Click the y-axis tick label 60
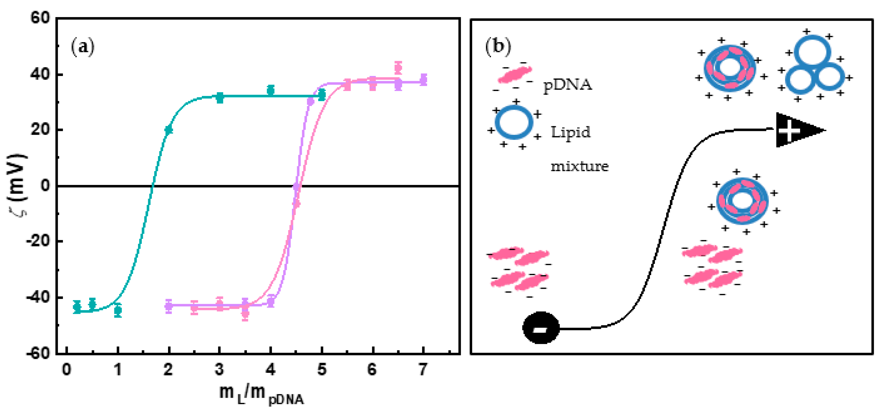coord(40,18)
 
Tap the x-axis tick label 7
coord(423,370)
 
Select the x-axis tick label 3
coord(219,370)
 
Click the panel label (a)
coord(83,47)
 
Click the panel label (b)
coord(498,47)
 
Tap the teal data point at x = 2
coord(169,130)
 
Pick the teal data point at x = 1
coord(118,311)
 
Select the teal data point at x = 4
coord(271,90)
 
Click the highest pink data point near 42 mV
coord(398,68)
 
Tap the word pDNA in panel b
coord(568,85)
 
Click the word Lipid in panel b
coord(571,132)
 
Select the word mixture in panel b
coord(579,167)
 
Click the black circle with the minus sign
coord(541,328)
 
